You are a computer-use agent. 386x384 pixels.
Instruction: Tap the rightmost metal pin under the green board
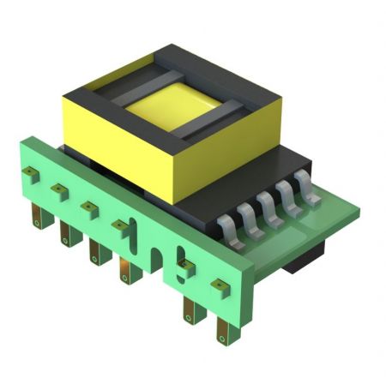pos(224,328)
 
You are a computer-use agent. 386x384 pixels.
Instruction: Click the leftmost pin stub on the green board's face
pos(32,173)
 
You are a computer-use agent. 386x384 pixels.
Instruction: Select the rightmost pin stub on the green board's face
pos(217,283)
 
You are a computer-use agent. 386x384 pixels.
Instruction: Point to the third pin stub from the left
pos(88,207)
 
